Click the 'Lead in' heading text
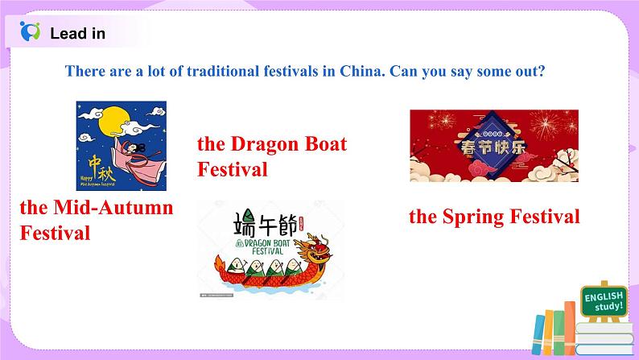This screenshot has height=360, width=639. point(77,33)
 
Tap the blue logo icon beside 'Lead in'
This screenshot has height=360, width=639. point(29,32)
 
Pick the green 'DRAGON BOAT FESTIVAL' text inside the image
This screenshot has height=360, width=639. point(274,245)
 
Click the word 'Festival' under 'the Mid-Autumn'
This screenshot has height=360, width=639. point(55,234)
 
